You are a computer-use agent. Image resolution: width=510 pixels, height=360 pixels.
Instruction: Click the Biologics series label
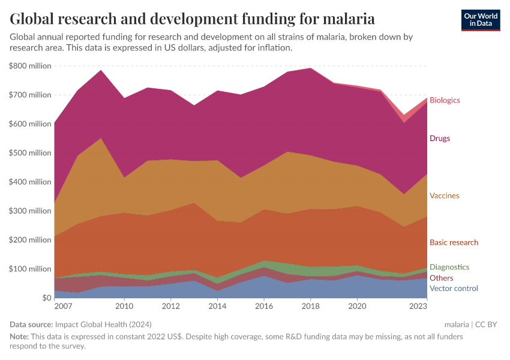pyautogui.click(x=445, y=100)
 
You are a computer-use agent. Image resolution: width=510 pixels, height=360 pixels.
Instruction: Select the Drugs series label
pyautogui.click(x=439, y=139)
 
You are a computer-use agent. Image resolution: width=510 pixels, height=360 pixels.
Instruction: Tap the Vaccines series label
pyautogui.click(x=444, y=196)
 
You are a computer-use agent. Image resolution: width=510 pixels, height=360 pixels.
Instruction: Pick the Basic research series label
pyautogui.click(x=454, y=242)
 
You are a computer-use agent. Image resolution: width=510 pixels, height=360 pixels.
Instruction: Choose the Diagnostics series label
pyautogui.click(x=449, y=267)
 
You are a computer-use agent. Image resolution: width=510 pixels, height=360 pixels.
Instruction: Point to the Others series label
pyautogui.click(x=441, y=278)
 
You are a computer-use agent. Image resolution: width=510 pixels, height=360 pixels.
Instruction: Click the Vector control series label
pyautogui.click(x=453, y=289)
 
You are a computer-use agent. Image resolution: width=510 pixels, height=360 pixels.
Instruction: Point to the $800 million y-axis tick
pyautogui.click(x=30, y=66)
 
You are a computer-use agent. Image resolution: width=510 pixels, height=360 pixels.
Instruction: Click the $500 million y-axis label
pyautogui.click(x=30, y=153)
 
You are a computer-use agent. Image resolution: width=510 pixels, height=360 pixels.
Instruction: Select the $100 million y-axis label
pyautogui.click(x=30, y=269)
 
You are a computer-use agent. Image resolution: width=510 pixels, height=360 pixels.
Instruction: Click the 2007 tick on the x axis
pyautogui.click(x=63, y=307)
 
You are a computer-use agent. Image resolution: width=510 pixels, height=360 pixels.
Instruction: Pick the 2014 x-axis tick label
pyautogui.click(x=217, y=307)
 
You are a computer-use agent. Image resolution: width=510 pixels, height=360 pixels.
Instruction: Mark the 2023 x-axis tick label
pyautogui.click(x=418, y=307)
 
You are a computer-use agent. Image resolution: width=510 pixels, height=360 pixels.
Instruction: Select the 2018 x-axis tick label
pyautogui.click(x=310, y=307)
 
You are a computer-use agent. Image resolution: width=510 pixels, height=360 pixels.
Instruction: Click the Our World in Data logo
pyautogui.click(x=481, y=20)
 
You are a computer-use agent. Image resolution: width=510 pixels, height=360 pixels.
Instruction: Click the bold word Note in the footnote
pyautogui.click(x=20, y=337)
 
